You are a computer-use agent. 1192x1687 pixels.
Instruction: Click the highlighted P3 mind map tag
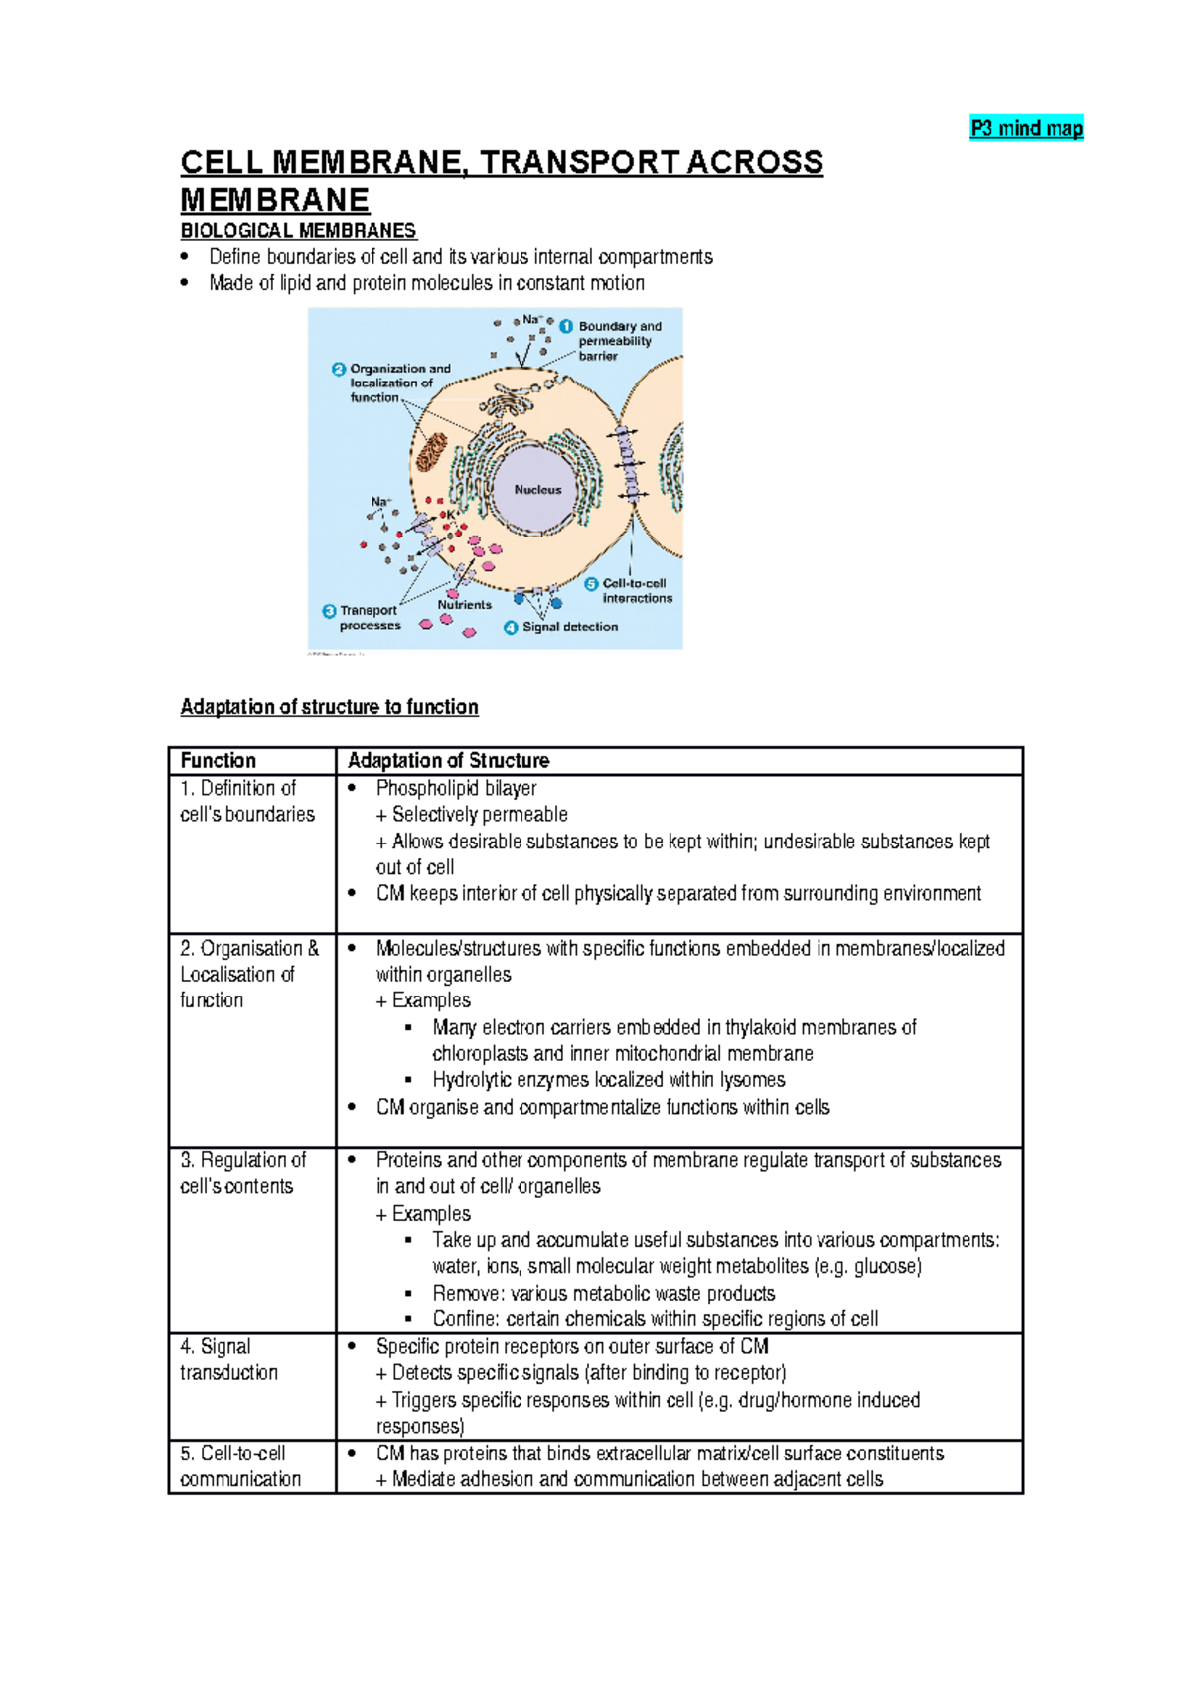[x=1026, y=128]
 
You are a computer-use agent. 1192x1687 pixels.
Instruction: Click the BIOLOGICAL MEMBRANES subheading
[x=298, y=230]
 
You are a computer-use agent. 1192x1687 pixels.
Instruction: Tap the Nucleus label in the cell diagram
[x=537, y=490]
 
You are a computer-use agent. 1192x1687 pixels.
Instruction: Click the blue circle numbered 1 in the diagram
[x=566, y=326]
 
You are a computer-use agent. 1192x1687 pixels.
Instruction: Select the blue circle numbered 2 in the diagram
[x=338, y=369]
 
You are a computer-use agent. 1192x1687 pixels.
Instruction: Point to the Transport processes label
[x=370, y=618]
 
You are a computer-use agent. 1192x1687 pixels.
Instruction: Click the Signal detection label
[x=569, y=627]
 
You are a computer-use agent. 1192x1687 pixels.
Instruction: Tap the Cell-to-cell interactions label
[x=637, y=591]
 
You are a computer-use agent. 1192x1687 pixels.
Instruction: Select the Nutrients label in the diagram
[x=464, y=605]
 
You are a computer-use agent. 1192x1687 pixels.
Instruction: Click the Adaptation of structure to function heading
[x=329, y=707]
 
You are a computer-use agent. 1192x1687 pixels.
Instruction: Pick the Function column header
[x=219, y=761]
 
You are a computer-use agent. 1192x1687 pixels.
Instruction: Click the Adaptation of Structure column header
[x=448, y=761]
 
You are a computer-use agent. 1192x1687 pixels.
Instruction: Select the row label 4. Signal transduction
[x=228, y=1359]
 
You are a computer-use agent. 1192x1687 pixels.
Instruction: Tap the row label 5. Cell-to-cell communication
[x=239, y=1466]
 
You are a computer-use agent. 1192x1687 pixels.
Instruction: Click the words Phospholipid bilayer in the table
[x=456, y=788]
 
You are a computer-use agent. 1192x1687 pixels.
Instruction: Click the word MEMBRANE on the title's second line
[x=274, y=200]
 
